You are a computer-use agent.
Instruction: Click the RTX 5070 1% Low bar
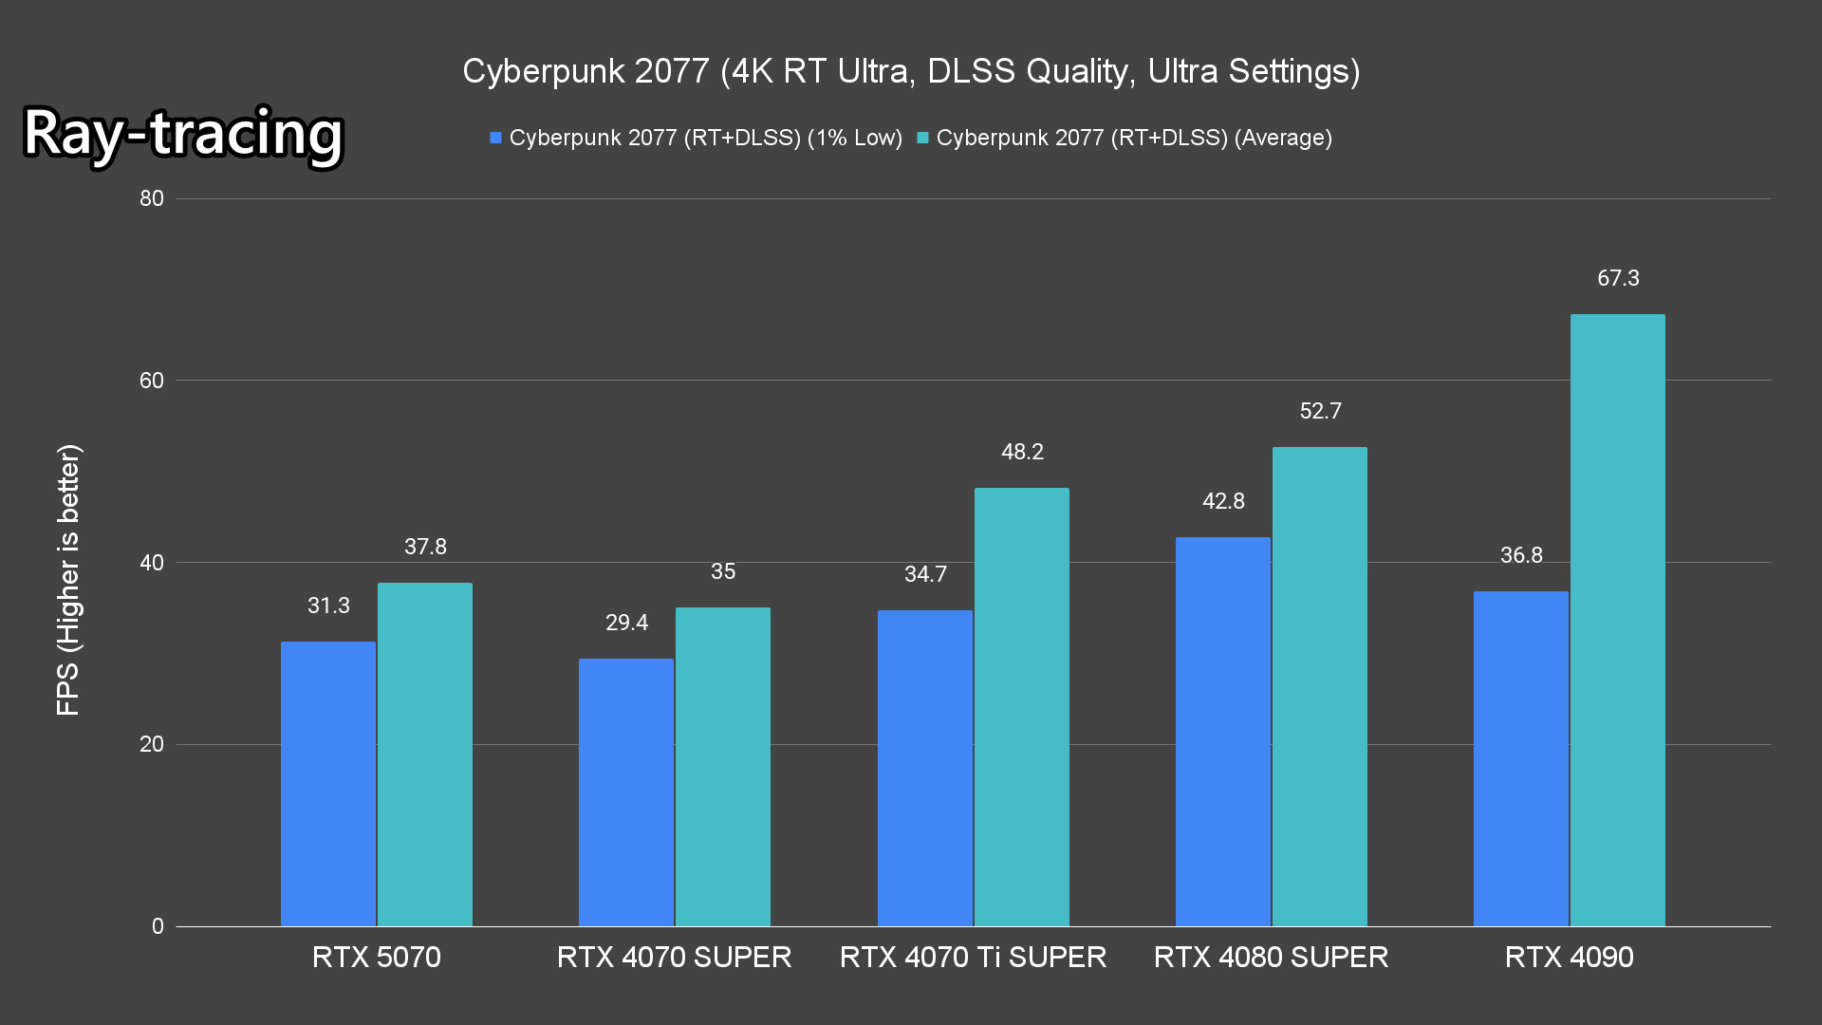[328, 784]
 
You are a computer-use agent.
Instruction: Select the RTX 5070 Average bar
[425, 755]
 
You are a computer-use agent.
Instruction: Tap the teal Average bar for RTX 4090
[1617, 620]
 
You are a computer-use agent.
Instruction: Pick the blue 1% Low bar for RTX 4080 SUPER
[1222, 732]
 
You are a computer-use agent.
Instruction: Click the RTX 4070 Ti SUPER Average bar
[1021, 707]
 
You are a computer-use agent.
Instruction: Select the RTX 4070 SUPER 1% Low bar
[626, 792]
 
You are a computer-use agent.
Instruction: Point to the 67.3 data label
[1618, 278]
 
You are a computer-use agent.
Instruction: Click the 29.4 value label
[626, 623]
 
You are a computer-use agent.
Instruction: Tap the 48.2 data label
[1022, 452]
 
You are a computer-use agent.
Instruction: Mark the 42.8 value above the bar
[1223, 501]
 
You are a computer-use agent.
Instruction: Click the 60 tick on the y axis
[152, 381]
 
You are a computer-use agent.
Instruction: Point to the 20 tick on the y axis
[152, 744]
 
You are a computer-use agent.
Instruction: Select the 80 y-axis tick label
[152, 198]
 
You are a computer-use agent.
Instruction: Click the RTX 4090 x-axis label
[1569, 957]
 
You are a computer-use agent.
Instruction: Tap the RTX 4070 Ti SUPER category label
[973, 957]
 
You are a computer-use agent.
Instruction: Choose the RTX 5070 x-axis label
[377, 957]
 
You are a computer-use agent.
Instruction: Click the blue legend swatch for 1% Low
[495, 139]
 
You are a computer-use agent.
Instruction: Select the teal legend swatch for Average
[922, 139]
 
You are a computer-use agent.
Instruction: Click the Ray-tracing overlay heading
[183, 133]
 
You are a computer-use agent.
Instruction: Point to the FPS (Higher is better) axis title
[68, 579]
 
